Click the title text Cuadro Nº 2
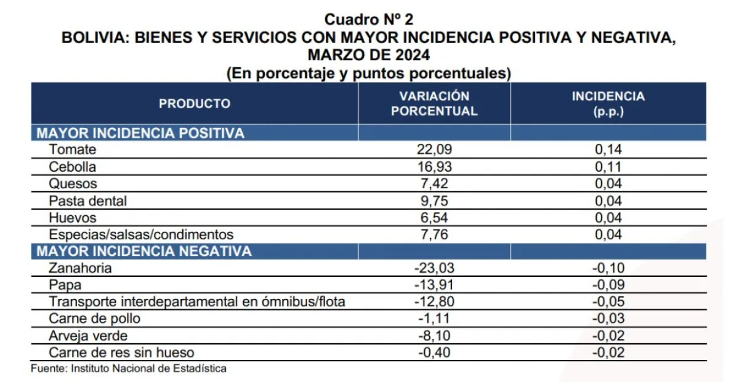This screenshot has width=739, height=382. tap(368, 20)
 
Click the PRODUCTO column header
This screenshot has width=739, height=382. tap(195, 103)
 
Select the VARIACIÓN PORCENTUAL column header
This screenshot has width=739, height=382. tap(434, 103)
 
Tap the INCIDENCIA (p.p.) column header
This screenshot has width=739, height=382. tap(608, 104)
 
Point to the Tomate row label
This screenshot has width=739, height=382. tap(73, 149)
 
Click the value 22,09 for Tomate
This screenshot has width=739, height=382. tap(434, 149)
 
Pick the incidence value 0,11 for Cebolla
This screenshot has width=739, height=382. tap(608, 167)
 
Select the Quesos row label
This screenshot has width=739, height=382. tap(73, 183)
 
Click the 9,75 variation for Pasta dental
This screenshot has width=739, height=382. tap(434, 201)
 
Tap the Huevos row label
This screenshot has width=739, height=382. tap(73, 218)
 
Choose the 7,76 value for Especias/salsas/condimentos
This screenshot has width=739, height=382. tap(434, 234)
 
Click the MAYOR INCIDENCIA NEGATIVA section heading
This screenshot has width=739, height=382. tap(144, 251)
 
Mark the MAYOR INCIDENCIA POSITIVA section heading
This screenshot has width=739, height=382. tap(140, 133)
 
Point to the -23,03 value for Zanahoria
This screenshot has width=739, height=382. tap(434, 268)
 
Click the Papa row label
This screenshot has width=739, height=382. tap(65, 285)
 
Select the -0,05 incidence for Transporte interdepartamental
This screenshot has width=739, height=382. tap(608, 301)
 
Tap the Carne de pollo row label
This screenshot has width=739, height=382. tap(95, 319)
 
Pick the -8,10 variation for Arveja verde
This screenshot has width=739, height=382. tap(434, 335)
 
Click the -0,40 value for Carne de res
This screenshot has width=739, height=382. tap(434, 352)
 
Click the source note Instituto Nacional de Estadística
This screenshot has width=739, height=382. tap(149, 368)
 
